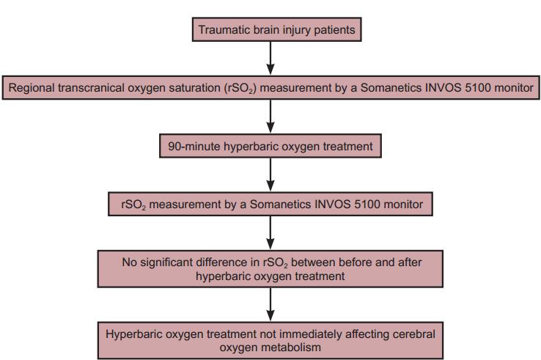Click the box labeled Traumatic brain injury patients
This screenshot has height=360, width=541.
click(x=276, y=29)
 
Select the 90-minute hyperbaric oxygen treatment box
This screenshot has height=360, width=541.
click(x=270, y=146)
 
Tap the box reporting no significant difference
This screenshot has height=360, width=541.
click(x=270, y=269)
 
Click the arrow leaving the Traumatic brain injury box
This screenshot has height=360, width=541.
click(x=270, y=59)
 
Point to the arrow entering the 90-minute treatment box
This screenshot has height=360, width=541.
click(x=270, y=117)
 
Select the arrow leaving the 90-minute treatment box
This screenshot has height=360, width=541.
click(x=270, y=175)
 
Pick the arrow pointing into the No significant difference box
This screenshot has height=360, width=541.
click(x=270, y=233)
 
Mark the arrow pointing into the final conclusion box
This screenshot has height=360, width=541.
click(x=270, y=304)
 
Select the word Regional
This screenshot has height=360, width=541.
click(x=32, y=88)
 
